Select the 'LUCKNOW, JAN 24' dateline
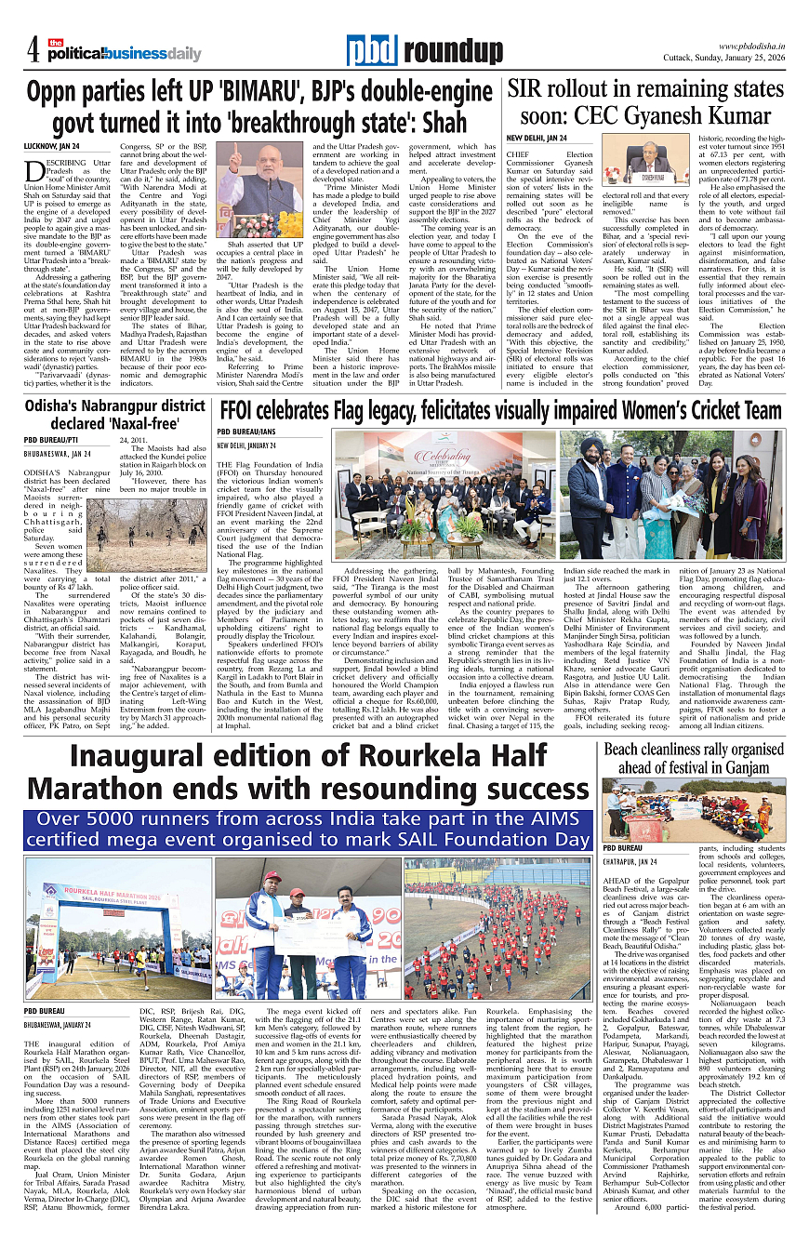click(51, 146)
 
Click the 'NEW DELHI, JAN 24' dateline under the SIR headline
click(537, 138)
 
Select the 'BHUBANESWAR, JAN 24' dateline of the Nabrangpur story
click(58, 453)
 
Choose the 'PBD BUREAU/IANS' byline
click(247, 432)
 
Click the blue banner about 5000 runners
click(308, 830)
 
